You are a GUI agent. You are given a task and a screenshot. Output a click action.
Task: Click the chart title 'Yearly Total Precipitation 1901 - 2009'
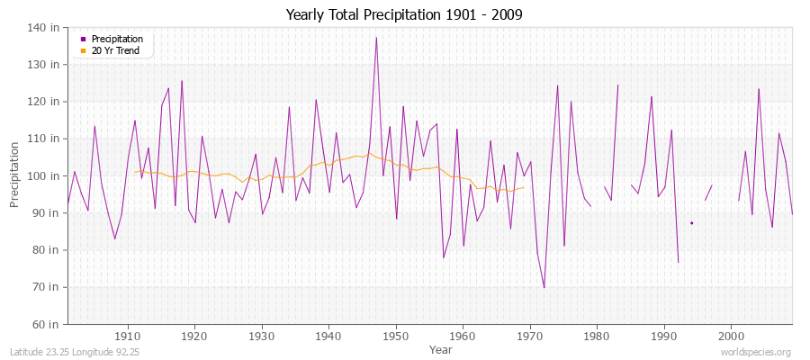pyautogui.click(x=404, y=15)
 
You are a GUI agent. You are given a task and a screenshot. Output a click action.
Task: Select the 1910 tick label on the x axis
pyautogui.click(x=128, y=336)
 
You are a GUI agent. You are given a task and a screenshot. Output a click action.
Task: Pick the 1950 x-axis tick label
pyautogui.click(x=396, y=336)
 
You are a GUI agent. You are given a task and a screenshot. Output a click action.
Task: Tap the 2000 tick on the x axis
pyautogui.click(x=731, y=336)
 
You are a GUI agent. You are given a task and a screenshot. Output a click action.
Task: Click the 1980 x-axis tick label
pyautogui.click(x=597, y=336)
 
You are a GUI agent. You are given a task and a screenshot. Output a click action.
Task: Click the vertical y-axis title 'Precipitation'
pyautogui.click(x=15, y=175)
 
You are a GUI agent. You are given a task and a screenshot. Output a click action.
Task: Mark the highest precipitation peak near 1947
pyautogui.click(x=376, y=38)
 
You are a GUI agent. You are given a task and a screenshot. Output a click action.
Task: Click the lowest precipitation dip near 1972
pyautogui.click(x=544, y=288)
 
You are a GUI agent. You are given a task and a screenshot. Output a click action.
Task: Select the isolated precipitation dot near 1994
pyautogui.click(x=691, y=223)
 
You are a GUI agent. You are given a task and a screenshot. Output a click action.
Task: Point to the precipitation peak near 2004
pyautogui.click(x=759, y=88)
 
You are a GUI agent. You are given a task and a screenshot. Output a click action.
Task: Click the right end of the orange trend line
pyautogui.click(x=524, y=187)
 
